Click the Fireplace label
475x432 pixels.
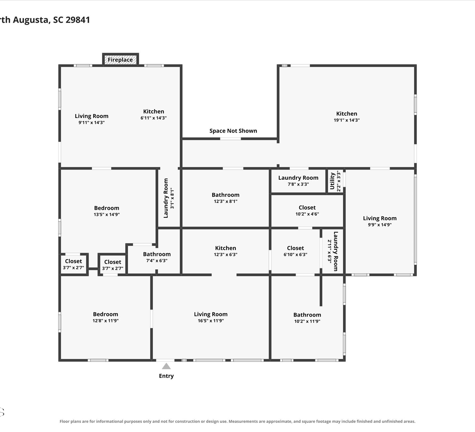pyautogui.click(x=120, y=59)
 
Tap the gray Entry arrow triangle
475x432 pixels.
pyautogui.click(x=166, y=366)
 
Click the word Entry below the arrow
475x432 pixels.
pyautogui.click(x=166, y=376)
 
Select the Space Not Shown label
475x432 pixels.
pyautogui.click(x=233, y=131)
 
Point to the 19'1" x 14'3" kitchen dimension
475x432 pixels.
pyautogui.click(x=347, y=120)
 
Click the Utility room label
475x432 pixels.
pyautogui.click(x=332, y=181)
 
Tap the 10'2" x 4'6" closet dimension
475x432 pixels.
pyautogui.click(x=307, y=214)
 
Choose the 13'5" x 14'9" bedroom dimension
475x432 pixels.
pyautogui.click(x=106, y=215)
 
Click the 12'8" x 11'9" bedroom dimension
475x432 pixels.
pyautogui.click(x=105, y=321)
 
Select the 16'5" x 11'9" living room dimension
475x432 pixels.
pyautogui.click(x=211, y=321)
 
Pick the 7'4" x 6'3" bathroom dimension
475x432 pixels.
pyautogui.click(x=157, y=260)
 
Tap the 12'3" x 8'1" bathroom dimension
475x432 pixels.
pyautogui.click(x=225, y=201)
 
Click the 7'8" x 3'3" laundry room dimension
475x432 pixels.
pyautogui.click(x=298, y=184)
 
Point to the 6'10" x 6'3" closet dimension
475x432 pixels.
pyautogui.click(x=295, y=254)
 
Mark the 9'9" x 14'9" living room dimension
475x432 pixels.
pyautogui.click(x=380, y=225)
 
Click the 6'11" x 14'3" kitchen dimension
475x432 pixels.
pyautogui.click(x=154, y=118)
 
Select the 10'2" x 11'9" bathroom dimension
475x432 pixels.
pyautogui.click(x=307, y=321)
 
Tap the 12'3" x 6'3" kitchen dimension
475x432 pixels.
pyautogui.click(x=225, y=254)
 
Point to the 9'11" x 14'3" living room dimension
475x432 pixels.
pyautogui.click(x=92, y=122)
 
